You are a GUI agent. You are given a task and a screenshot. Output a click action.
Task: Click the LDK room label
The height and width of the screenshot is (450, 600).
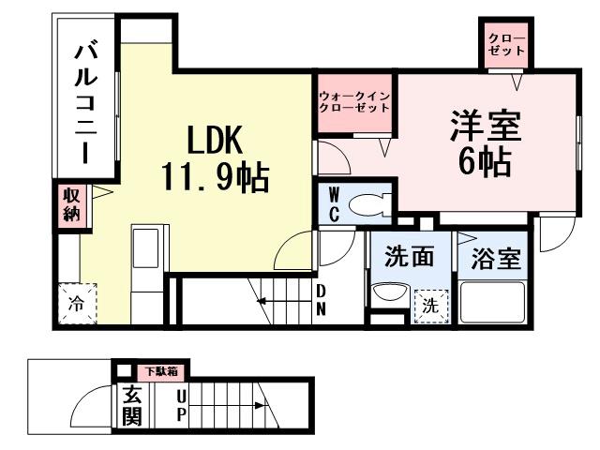pyautogui.click(x=216, y=141)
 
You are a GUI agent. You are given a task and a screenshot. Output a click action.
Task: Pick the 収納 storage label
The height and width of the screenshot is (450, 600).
pyautogui.click(x=71, y=204)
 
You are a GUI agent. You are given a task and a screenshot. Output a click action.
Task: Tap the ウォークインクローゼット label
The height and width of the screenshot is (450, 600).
pyautogui.click(x=353, y=102)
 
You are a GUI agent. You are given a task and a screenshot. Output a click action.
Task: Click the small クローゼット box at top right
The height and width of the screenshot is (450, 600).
pyautogui.click(x=506, y=43)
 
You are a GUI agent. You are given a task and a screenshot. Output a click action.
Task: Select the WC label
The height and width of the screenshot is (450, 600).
pyautogui.click(x=334, y=205)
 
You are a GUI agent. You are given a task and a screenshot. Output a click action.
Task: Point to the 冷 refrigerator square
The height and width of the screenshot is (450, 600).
pyautogui.click(x=76, y=303)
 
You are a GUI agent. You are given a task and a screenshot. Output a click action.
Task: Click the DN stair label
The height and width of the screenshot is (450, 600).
pyautogui.click(x=321, y=299)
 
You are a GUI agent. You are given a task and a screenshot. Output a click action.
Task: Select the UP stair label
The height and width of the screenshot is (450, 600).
pyautogui.click(x=181, y=406)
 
